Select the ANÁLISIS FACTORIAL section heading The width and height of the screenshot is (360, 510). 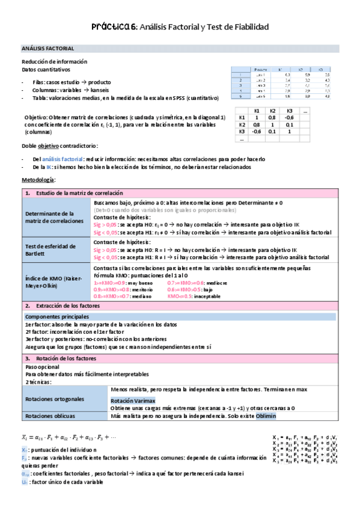click(47, 48)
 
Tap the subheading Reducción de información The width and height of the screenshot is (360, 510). click(54, 61)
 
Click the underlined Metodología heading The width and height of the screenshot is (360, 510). click(38, 180)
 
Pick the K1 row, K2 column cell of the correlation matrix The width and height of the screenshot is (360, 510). click(272, 117)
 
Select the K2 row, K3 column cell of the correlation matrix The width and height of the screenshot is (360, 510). click(288, 124)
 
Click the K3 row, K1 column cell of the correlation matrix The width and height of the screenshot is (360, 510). click(256, 131)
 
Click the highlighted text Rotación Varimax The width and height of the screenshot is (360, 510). click(133, 401)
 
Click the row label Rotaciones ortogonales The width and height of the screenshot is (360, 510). click(55, 398)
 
